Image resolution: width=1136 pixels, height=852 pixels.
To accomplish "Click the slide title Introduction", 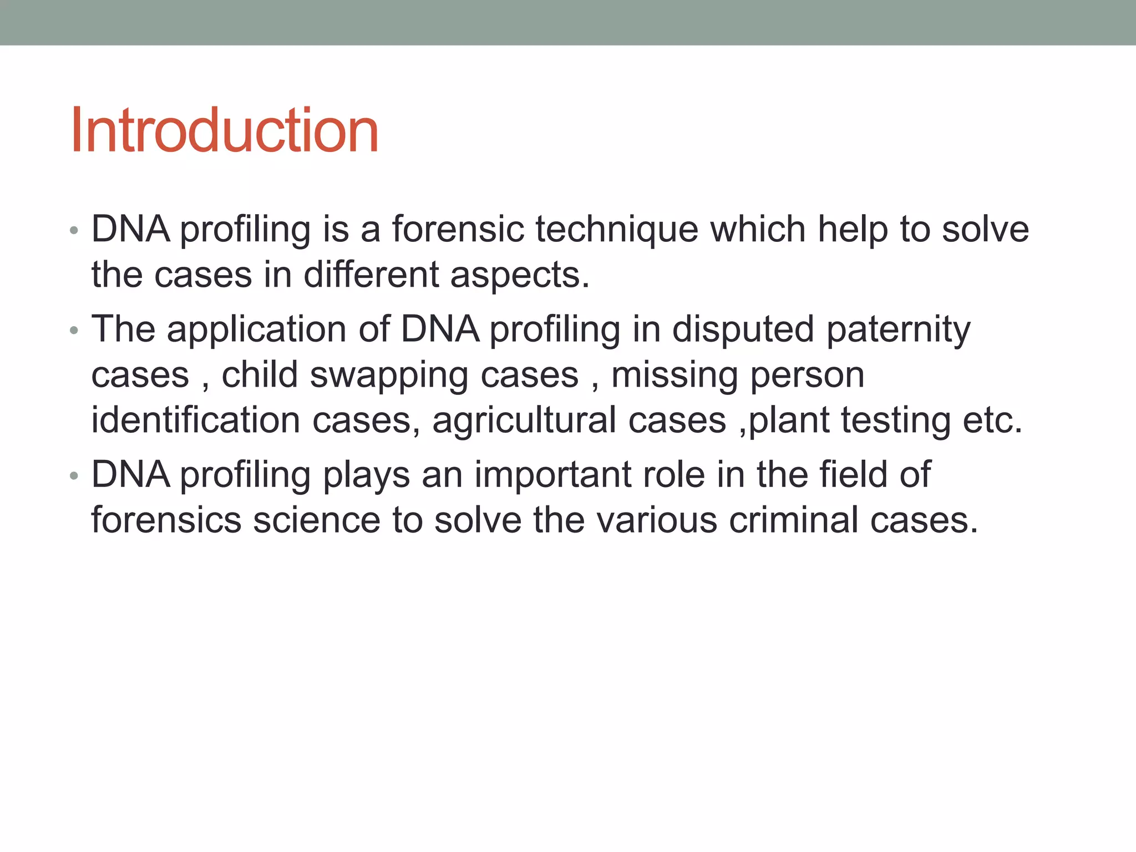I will pos(224,131).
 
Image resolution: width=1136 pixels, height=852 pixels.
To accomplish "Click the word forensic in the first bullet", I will pos(458,230).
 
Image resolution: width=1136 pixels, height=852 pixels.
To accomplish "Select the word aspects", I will pos(519,275).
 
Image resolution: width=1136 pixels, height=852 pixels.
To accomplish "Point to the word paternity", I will pos(898,330).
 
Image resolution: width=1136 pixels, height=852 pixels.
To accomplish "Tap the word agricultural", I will pos(524,420).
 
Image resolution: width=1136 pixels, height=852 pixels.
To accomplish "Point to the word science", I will pos(316,520).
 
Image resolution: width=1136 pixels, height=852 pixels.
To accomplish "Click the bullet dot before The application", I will pos(74,331).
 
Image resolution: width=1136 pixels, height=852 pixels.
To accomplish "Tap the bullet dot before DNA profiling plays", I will pos(74,476).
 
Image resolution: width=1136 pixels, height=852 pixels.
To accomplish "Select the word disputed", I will pos(743,330).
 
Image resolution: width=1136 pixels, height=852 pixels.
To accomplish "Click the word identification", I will pos(195,420).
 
